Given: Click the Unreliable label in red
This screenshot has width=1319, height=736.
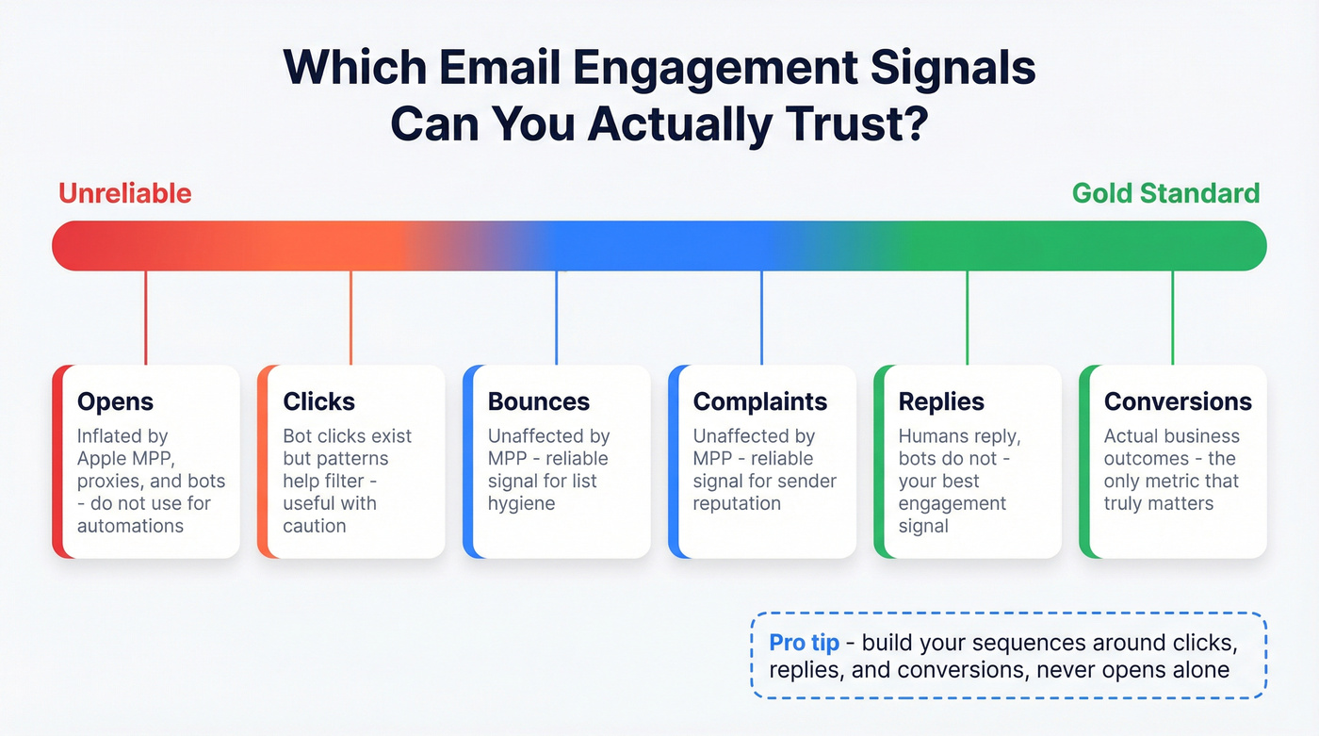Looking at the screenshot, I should click(x=124, y=193).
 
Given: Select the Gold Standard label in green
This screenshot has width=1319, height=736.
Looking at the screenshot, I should click(x=1165, y=193).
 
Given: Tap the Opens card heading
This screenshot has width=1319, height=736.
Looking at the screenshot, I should click(x=115, y=401).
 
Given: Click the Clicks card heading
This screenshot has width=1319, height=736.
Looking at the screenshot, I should click(x=319, y=401).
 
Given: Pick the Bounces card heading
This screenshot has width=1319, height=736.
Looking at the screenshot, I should click(x=538, y=401).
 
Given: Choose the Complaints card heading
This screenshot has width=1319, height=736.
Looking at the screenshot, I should click(x=759, y=401).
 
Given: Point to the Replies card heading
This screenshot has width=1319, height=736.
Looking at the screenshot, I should click(x=941, y=401).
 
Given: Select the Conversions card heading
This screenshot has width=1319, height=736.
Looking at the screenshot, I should click(x=1178, y=401).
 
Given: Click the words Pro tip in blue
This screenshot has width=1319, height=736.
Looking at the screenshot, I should click(x=804, y=644).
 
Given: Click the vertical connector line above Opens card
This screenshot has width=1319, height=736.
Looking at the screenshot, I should click(x=146, y=318).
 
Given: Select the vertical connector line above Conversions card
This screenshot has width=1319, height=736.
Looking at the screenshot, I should click(x=1173, y=318).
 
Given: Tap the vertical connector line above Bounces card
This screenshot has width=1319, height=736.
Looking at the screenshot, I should click(x=557, y=318).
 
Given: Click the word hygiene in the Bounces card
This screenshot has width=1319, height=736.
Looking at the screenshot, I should click(x=521, y=504).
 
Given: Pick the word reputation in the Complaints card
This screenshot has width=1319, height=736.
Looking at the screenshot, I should click(x=737, y=504).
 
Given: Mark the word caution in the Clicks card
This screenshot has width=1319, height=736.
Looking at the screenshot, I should click(x=315, y=527).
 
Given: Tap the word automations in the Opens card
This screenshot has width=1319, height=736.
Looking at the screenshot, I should click(x=130, y=527).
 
